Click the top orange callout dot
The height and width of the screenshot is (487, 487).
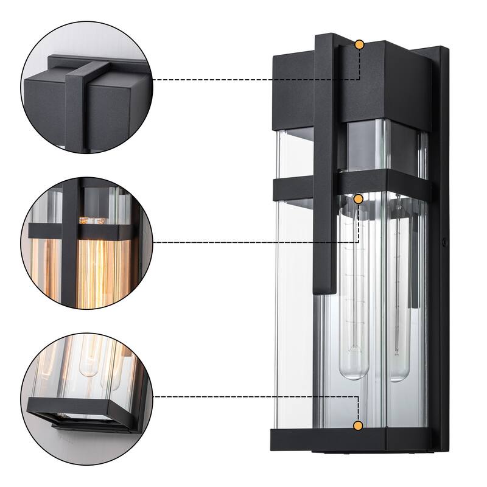tap(359, 44)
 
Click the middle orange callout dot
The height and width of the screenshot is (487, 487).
tap(359, 199)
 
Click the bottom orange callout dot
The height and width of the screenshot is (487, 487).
tap(359, 425)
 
